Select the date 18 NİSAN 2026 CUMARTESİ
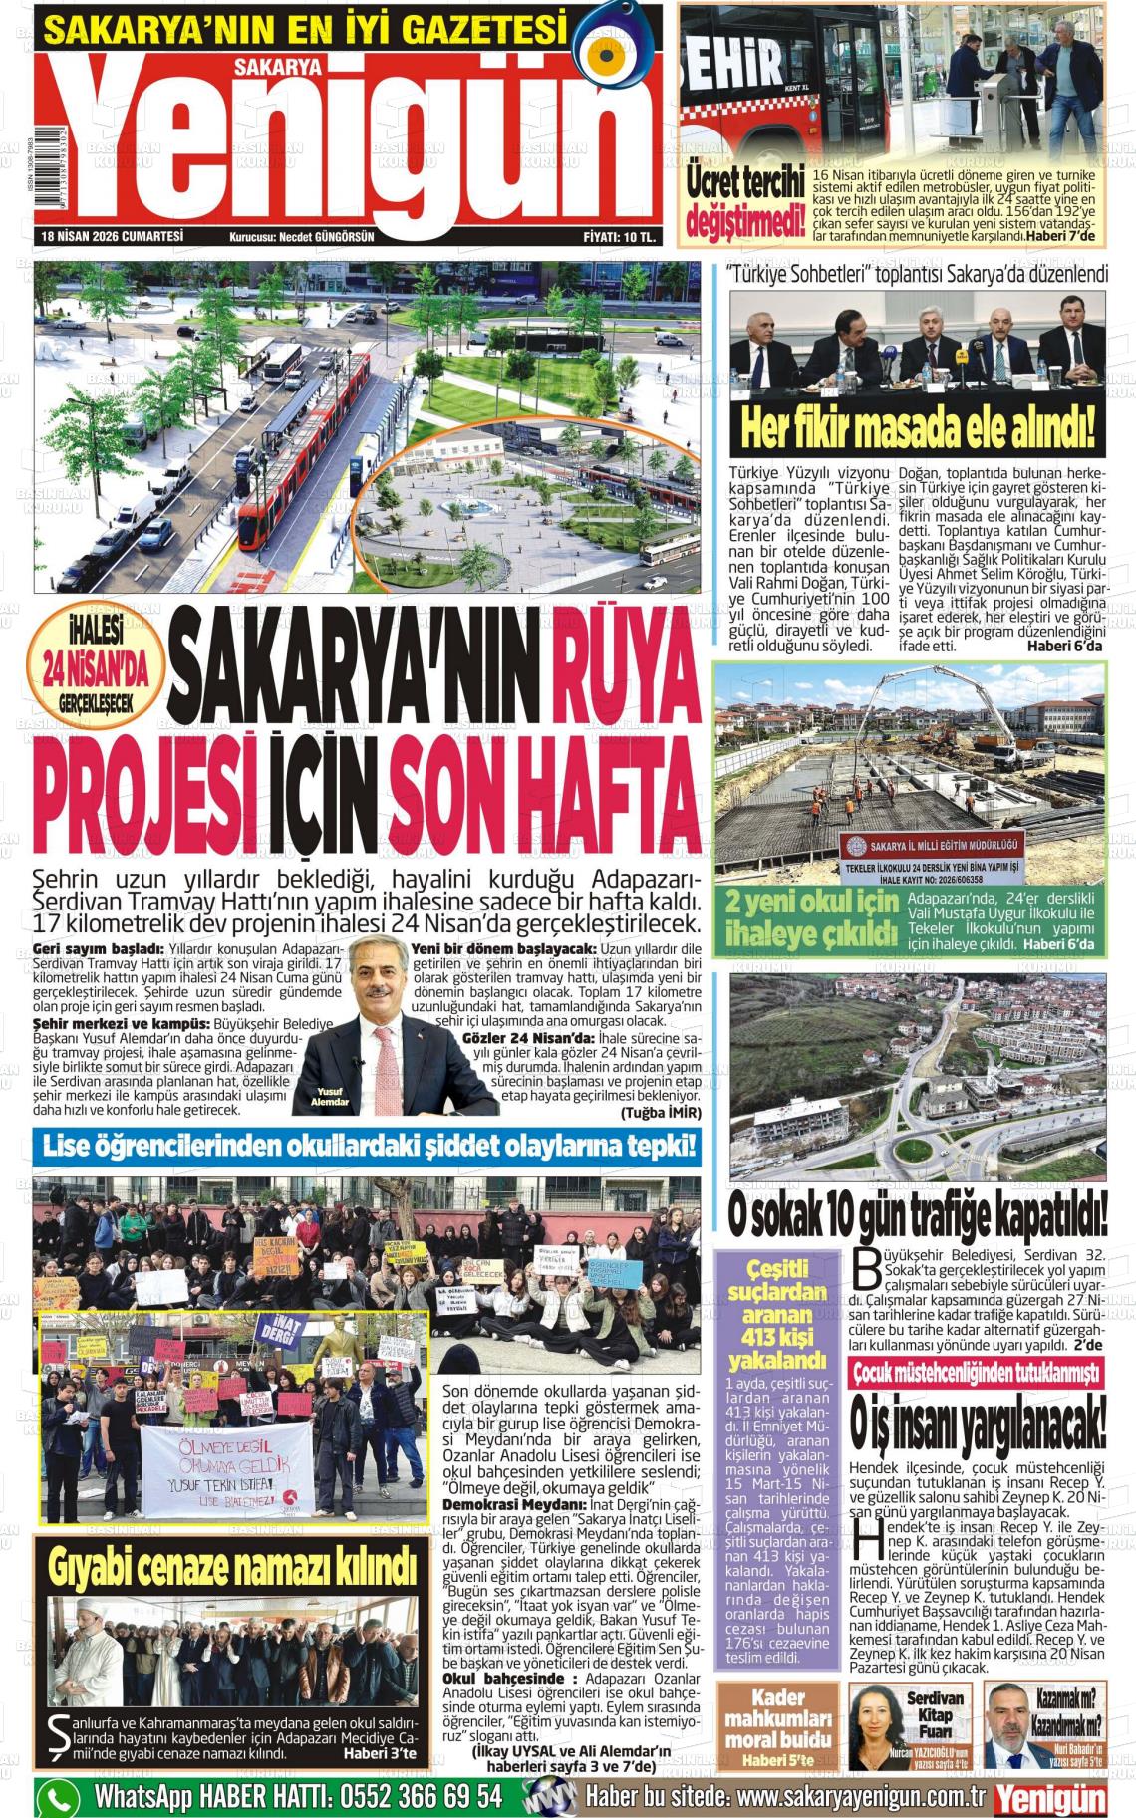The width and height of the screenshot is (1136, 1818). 114,237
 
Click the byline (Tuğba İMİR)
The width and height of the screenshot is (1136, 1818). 660,1112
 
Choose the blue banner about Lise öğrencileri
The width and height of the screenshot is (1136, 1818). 369,1146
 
